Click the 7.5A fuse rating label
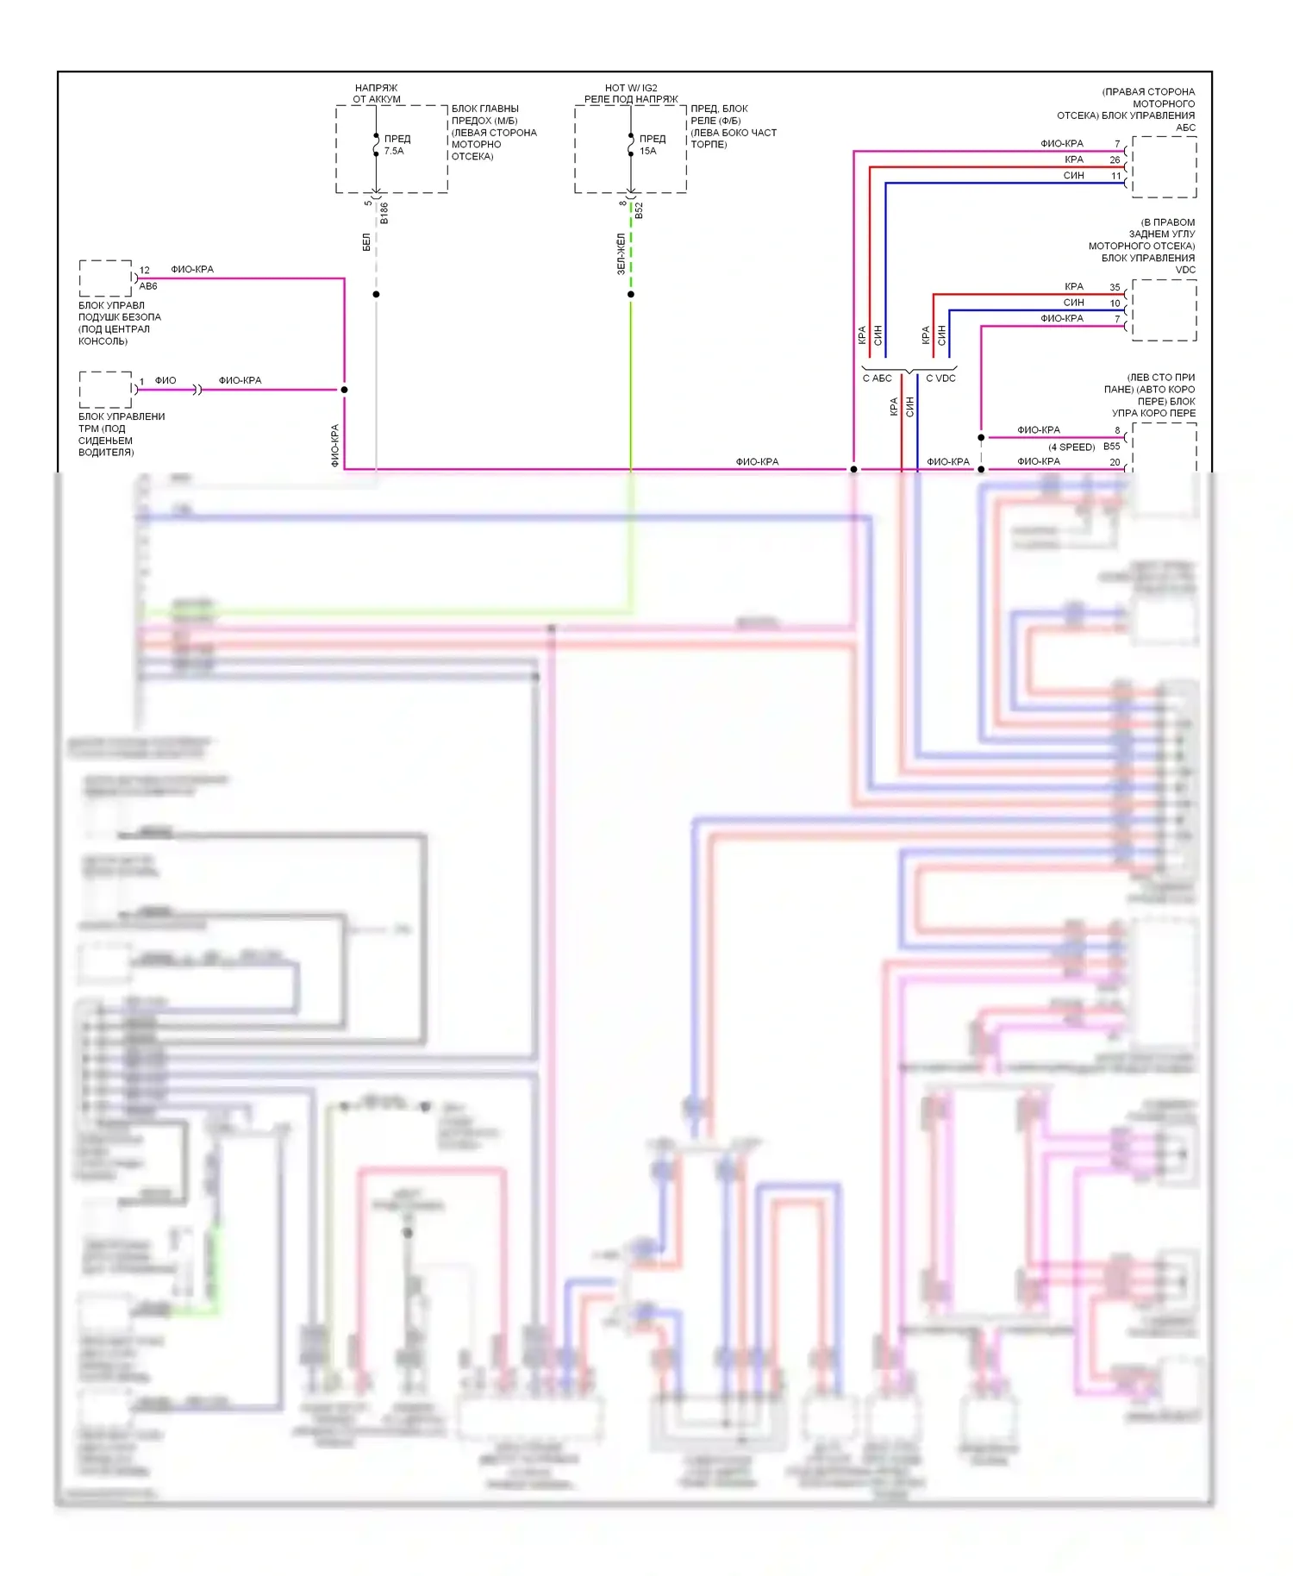tap(394, 151)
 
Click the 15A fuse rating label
tap(648, 151)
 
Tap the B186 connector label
tap(384, 213)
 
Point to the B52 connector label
tap(639, 210)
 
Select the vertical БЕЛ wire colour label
tap(366, 242)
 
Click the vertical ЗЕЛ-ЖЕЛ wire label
tap(621, 254)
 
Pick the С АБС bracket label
tap(878, 378)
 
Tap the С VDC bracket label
tap(940, 378)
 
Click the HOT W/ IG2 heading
tap(631, 88)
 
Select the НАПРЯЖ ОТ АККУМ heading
tap(377, 93)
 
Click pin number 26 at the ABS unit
tap(1115, 160)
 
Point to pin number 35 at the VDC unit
tap(1115, 288)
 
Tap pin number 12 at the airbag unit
tap(145, 271)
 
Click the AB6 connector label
tap(148, 286)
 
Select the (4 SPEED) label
tap(1071, 447)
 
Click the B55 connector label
tap(1112, 447)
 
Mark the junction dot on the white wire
tap(376, 295)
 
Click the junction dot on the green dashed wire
tap(631, 295)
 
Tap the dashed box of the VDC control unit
tap(1164, 310)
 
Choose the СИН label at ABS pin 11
tap(1073, 176)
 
